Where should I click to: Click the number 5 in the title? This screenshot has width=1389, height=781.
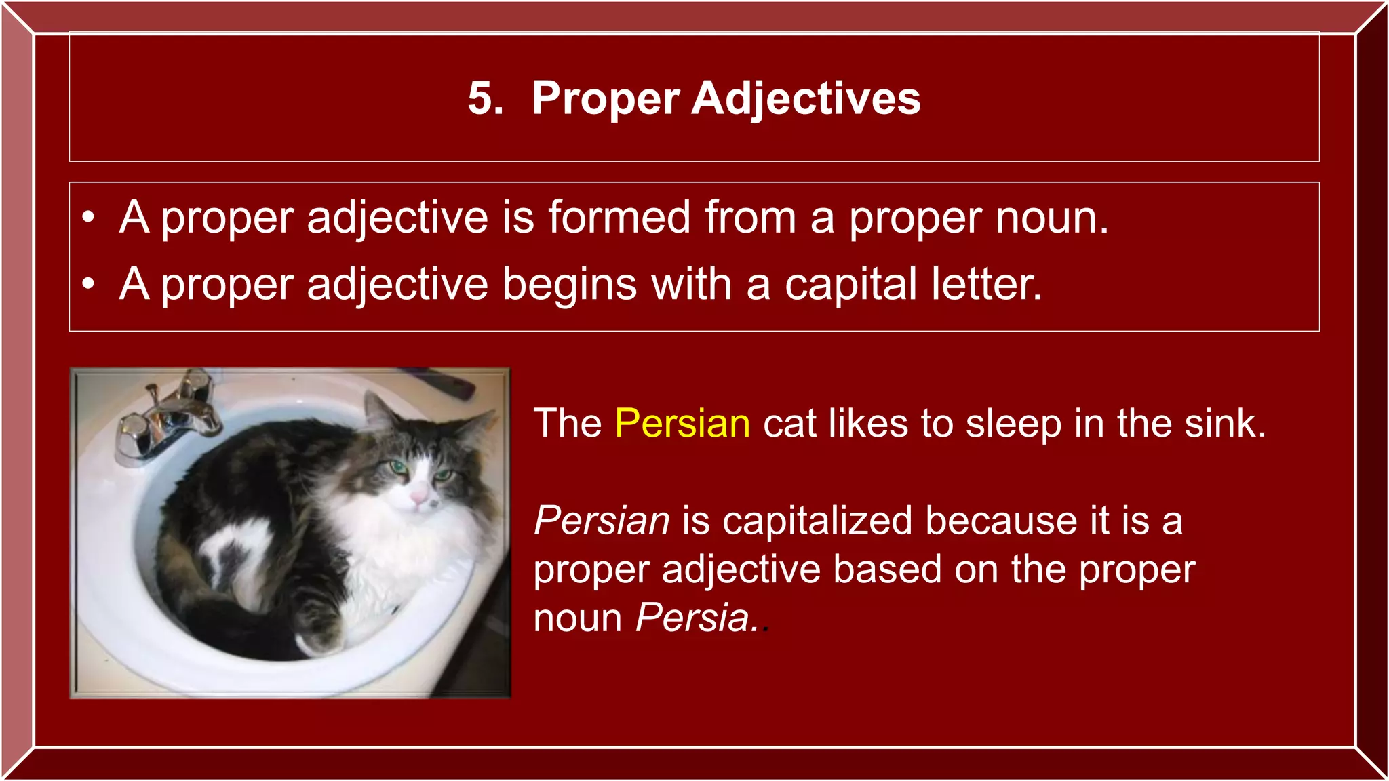click(484, 99)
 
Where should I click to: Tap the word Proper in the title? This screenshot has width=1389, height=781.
click(605, 99)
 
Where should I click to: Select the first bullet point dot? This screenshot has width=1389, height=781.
click(88, 218)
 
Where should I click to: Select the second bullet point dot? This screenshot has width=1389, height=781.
click(88, 284)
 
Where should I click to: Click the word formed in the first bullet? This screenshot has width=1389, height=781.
click(619, 218)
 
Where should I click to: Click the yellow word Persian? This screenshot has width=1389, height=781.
click(682, 424)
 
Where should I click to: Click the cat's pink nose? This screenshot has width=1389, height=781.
click(418, 499)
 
